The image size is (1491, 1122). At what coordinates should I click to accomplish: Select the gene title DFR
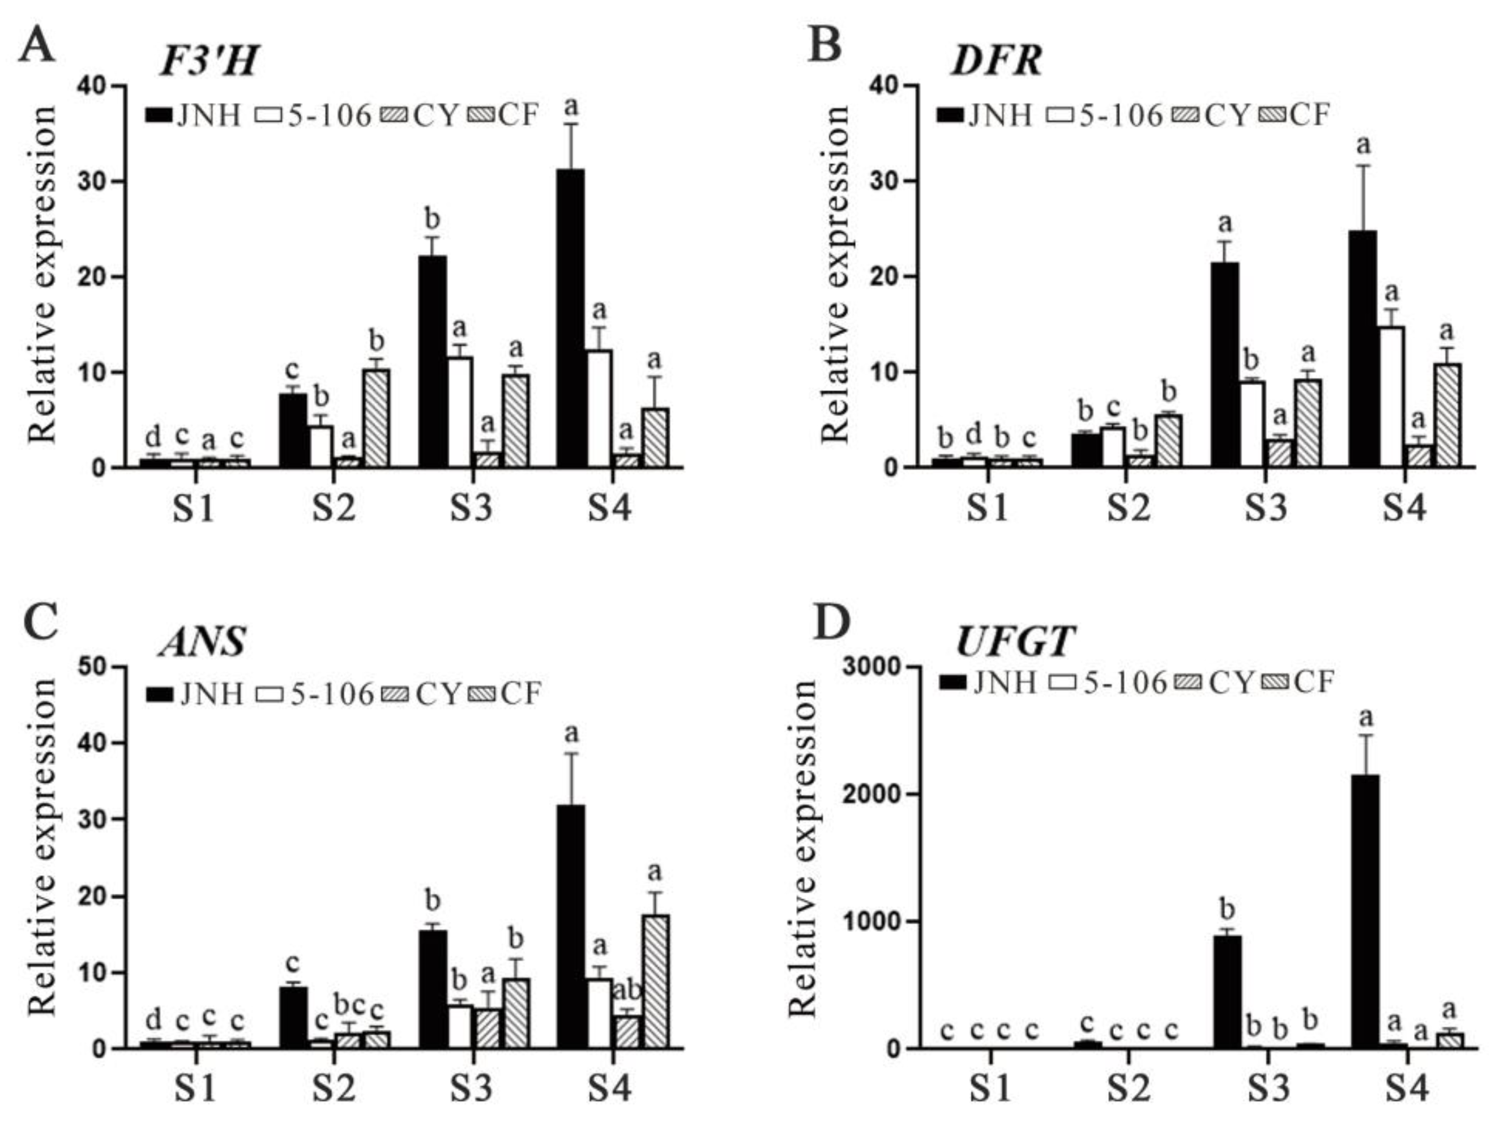click(996, 62)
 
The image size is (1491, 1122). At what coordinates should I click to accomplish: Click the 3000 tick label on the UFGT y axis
click(872, 667)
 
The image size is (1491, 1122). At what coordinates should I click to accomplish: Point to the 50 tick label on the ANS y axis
click(99, 667)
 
